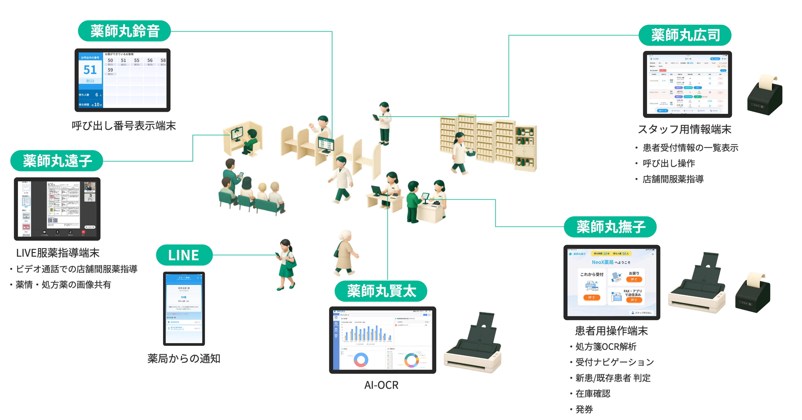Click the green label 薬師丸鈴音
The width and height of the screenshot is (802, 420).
tap(125, 31)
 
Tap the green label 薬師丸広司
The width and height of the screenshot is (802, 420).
tap(685, 35)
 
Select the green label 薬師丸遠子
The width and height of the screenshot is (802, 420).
tap(57, 161)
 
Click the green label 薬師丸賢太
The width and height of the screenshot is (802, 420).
tap(381, 291)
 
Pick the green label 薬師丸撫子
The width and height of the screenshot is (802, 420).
tap(610, 227)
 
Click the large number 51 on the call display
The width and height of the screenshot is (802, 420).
tap(90, 70)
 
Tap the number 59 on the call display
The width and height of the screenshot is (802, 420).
tap(110, 70)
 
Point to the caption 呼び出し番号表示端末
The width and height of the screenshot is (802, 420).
tap(124, 126)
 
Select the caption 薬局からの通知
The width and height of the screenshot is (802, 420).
tap(184, 359)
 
